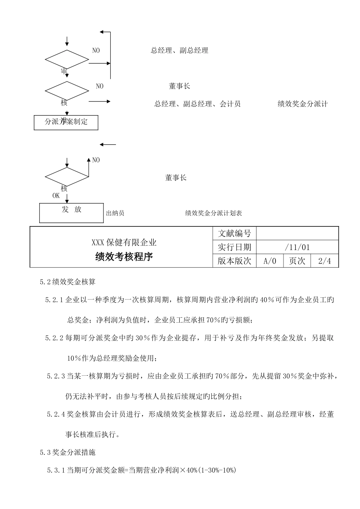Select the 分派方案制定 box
(66, 122)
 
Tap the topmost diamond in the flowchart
(67, 59)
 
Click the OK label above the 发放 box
(56, 196)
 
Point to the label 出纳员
(115, 213)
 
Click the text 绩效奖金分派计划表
(213, 213)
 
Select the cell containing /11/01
(297, 247)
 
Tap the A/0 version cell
(270, 261)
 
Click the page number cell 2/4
(324, 261)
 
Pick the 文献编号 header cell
(235, 233)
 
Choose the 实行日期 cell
(235, 247)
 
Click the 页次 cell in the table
(297, 261)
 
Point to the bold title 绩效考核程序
(124, 257)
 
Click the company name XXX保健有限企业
(124, 242)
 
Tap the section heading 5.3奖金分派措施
(70, 452)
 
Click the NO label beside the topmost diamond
(96, 50)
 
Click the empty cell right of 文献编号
(297, 233)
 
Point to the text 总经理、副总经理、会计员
(197, 104)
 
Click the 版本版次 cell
(235, 261)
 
